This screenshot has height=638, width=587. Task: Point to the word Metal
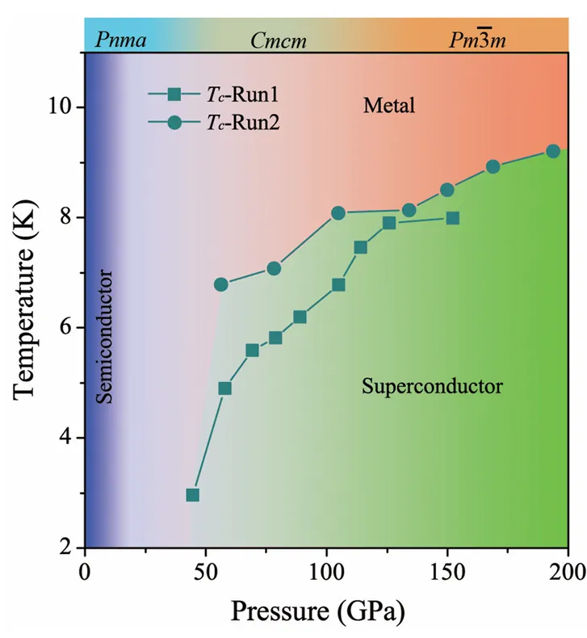click(x=388, y=105)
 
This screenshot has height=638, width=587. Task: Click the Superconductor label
click(x=432, y=386)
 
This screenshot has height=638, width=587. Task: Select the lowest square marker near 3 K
click(x=192, y=495)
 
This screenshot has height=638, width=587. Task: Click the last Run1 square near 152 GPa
click(x=452, y=218)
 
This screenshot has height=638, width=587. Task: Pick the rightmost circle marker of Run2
click(x=553, y=151)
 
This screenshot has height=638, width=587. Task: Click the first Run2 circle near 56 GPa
click(x=220, y=284)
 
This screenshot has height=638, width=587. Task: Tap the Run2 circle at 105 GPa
click(x=338, y=213)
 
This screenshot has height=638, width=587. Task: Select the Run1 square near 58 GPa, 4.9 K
click(x=224, y=388)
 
